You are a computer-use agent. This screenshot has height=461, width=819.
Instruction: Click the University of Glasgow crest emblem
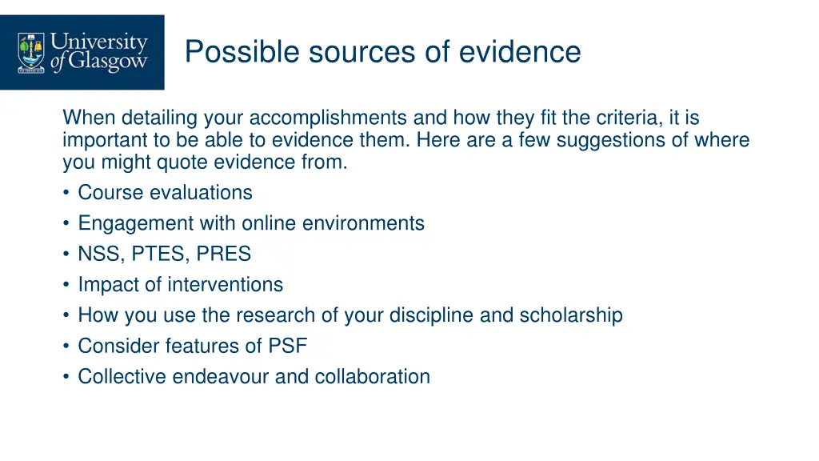click(32, 52)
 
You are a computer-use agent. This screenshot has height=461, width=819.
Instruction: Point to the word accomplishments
click(329, 118)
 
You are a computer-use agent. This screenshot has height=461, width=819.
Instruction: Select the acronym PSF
click(288, 347)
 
